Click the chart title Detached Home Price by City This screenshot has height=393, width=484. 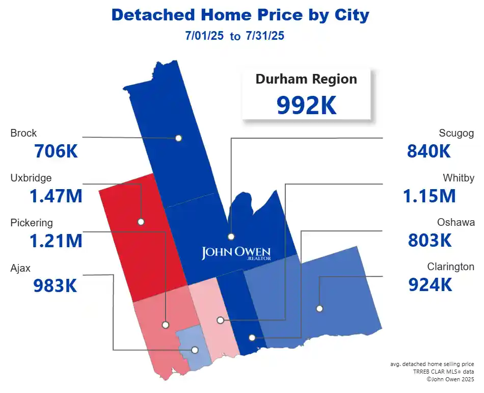(x=240, y=15)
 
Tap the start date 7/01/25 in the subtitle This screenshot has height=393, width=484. (x=205, y=36)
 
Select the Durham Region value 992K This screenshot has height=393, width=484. (x=306, y=104)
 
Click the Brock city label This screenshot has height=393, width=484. (x=23, y=133)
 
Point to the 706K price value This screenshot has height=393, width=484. (x=56, y=151)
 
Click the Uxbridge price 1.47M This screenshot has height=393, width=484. (x=56, y=196)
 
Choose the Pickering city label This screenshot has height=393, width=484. (x=32, y=223)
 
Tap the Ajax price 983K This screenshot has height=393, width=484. (x=55, y=286)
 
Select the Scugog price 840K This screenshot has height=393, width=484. (x=429, y=151)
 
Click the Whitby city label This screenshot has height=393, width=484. (x=459, y=178)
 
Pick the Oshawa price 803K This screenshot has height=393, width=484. (x=430, y=240)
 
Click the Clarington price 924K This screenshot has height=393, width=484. (x=431, y=285)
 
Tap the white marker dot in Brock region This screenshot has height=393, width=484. (x=178, y=138)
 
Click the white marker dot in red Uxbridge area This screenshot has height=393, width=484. (x=141, y=222)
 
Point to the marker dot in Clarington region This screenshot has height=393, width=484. (x=319, y=308)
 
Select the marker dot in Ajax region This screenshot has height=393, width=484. (x=195, y=350)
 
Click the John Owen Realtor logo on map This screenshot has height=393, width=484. (x=236, y=253)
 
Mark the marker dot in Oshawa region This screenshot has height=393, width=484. (x=252, y=337)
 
